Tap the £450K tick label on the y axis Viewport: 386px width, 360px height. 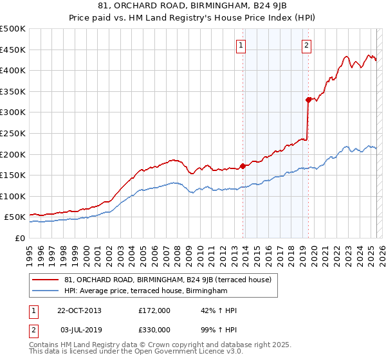[x=13, y=50]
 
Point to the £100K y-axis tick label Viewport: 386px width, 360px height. [x=13, y=196]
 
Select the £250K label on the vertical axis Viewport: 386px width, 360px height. [x=13, y=133]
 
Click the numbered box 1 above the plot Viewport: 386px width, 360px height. [x=241, y=45]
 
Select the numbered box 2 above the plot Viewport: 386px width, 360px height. [x=307, y=45]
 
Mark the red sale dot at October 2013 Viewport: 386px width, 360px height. [x=243, y=166]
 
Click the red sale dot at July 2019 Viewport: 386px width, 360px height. [x=308, y=100]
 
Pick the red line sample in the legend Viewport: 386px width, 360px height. [x=46, y=280]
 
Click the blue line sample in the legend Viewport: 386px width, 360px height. [x=46, y=291]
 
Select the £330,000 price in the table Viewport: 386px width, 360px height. [x=154, y=329]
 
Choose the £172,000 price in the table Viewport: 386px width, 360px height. [x=154, y=310]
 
